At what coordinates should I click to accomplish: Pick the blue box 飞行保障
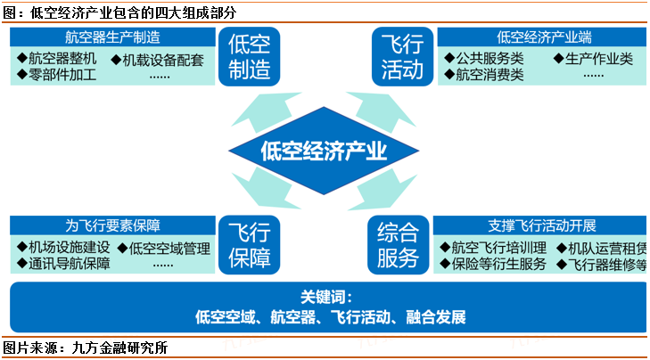click(250, 245)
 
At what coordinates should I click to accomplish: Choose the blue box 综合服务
click(398, 245)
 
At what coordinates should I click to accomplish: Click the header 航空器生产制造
click(112, 37)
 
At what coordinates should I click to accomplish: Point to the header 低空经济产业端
click(544, 37)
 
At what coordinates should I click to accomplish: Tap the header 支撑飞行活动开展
click(542, 225)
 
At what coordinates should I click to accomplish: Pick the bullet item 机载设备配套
click(162, 60)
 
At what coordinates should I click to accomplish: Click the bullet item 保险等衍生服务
click(497, 264)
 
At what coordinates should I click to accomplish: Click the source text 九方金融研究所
click(124, 348)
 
